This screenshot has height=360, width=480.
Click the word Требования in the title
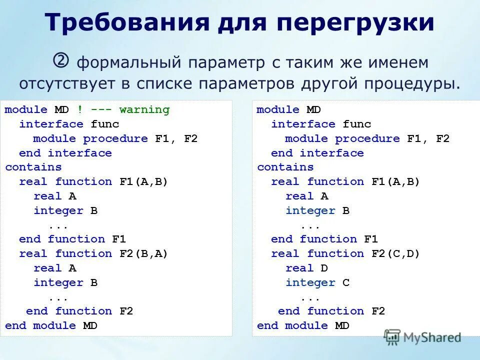[127, 23]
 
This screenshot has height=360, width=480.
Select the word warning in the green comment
[144, 109]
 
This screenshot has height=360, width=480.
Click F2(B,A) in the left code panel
[144, 253]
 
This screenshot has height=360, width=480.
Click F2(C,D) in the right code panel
[396, 253]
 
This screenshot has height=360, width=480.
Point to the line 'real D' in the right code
[306, 268]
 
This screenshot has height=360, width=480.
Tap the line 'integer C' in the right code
[317, 282]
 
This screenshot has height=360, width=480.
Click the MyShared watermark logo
[423, 337]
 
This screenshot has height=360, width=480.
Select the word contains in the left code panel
[33, 167]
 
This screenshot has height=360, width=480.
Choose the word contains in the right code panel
[285, 167]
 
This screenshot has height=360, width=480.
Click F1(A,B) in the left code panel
[144, 181]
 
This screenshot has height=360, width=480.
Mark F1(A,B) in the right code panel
[396, 181]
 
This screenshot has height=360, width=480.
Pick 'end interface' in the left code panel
[65, 152]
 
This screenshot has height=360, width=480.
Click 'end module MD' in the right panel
[303, 325]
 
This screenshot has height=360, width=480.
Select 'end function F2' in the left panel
[79, 311]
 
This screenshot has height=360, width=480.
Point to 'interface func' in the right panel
[321, 124]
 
